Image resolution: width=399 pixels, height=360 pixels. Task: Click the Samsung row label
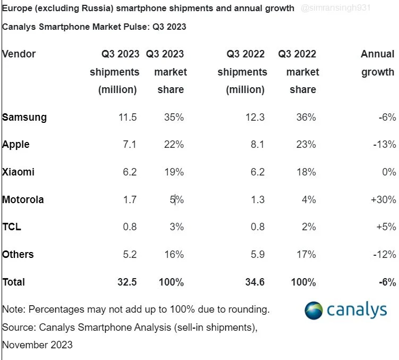(24, 117)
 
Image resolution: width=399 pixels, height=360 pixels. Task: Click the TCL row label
(12, 227)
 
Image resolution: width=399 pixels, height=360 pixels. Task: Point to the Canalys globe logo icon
(314, 311)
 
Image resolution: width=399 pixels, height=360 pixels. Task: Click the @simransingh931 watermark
(335, 9)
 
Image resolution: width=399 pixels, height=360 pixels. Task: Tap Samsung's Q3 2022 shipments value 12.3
(255, 117)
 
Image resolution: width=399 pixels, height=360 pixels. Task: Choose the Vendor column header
(19, 54)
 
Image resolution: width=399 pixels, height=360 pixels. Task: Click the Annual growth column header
(378, 63)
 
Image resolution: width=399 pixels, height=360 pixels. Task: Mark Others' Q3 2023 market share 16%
(174, 254)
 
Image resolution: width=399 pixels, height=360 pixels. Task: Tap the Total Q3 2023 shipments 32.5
(126, 282)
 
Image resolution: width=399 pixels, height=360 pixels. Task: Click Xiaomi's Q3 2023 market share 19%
(174, 172)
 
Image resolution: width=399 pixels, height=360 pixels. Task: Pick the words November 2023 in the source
(37, 345)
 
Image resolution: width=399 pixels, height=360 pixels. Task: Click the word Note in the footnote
(13, 309)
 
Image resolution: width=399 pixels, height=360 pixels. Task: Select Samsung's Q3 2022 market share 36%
(306, 117)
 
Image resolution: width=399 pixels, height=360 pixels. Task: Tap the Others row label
(18, 254)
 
